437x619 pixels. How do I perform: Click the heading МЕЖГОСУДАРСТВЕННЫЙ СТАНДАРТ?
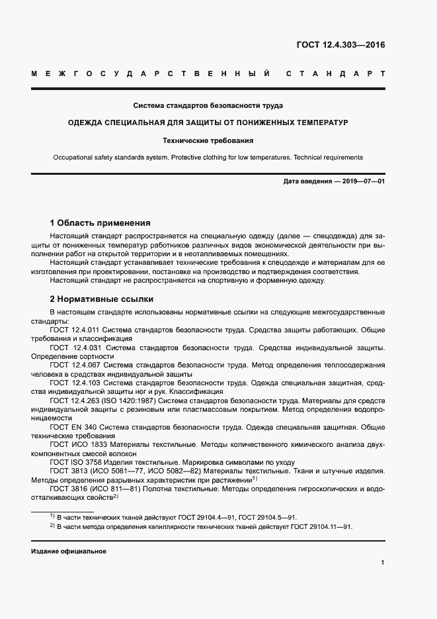pos(208,73)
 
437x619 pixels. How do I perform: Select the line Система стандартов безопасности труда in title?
pos(208,105)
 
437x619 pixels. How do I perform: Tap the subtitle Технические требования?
pos(208,140)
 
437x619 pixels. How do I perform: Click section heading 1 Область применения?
pos(100,223)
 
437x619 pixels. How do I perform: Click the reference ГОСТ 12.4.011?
pos(75,329)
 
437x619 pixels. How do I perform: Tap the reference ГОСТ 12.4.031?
pos(76,347)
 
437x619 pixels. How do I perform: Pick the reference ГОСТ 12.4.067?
pos(75,365)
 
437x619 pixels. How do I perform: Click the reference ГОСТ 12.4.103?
pos(75,383)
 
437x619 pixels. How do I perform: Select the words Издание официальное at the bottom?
pos(69,551)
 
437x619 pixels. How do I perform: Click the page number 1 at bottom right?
pos(383,562)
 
